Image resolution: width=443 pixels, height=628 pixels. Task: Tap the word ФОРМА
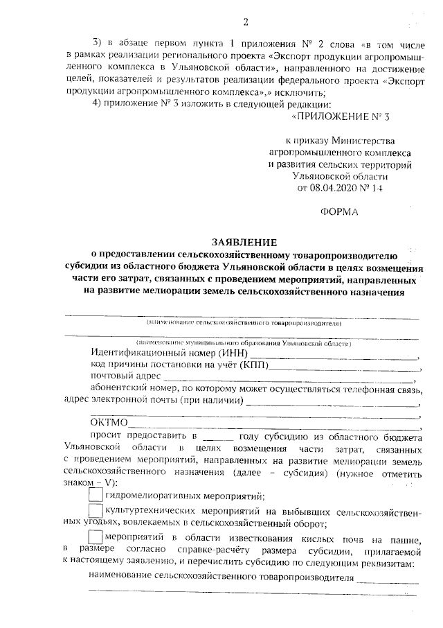340,212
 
